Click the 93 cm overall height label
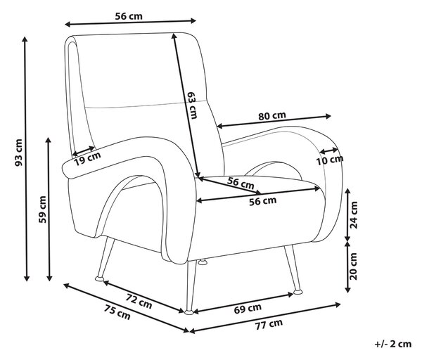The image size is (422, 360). click(x=18, y=153)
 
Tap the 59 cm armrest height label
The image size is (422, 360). click(x=42, y=210)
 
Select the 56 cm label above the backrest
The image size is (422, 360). click(x=129, y=16)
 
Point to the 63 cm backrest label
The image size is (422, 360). click(x=192, y=105)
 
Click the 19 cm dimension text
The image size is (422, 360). click(x=87, y=159)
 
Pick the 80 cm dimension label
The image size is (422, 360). click(x=272, y=116)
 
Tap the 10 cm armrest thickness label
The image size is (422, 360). click(x=330, y=160)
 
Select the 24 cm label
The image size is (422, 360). click(x=354, y=214)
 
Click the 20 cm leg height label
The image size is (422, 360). click(x=354, y=266)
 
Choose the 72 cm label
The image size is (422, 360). click(x=139, y=301)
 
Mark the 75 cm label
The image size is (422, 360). click(x=117, y=312)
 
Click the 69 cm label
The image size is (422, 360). click(x=248, y=309)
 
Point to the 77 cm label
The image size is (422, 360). click(x=269, y=324)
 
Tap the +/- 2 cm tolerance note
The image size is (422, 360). click(x=393, y=344)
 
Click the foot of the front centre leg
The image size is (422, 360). click(x=189, y=312)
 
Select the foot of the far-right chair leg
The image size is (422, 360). click(x=298, y=292)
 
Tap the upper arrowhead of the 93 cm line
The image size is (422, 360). click(x=25, y=39)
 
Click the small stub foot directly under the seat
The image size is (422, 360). click(x=203, y=262)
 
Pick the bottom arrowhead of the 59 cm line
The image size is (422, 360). click(x=49, y=278)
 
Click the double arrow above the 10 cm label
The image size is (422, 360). click(x=328, y=150)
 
